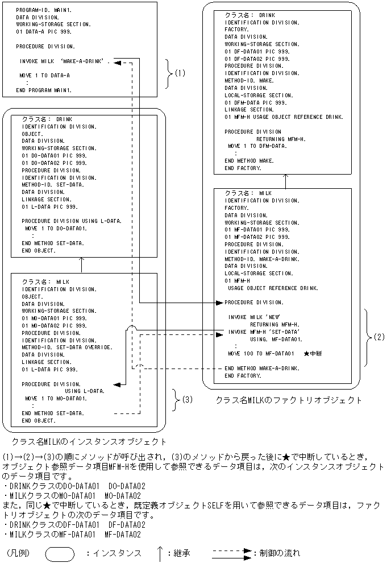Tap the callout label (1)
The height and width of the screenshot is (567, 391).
[180, 73]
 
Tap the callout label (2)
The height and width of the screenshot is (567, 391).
[378, 337]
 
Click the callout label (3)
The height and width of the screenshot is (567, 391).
[187, 399]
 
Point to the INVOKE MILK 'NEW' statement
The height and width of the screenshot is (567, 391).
[255, 317]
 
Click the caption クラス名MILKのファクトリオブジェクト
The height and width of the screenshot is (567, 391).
[288, 400]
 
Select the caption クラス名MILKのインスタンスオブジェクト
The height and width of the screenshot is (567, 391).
[89, 441]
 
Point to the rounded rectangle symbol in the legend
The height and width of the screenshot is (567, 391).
[59, 553]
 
